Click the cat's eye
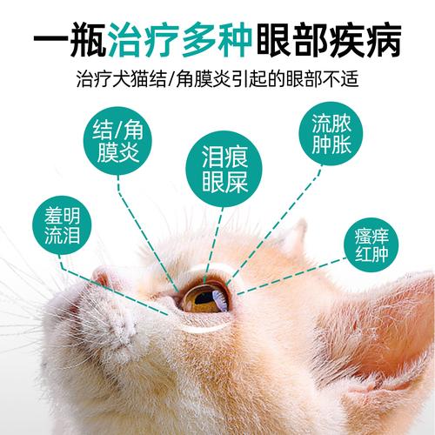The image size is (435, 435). pos(206,298)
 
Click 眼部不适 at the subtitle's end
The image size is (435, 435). pos(324,78)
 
